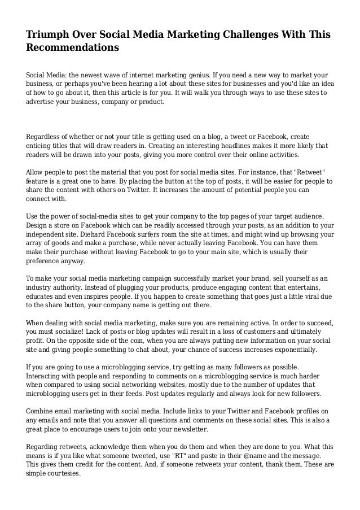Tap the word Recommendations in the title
point(73,48)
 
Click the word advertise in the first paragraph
point(43,103)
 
